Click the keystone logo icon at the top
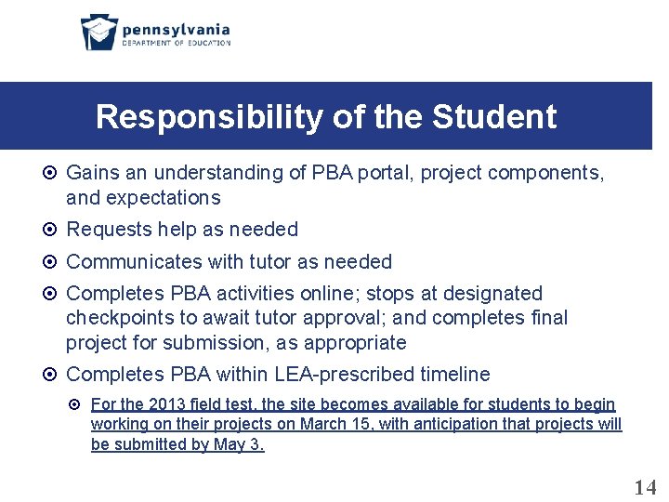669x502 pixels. (98, 33)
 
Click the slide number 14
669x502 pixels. (644, 487)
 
